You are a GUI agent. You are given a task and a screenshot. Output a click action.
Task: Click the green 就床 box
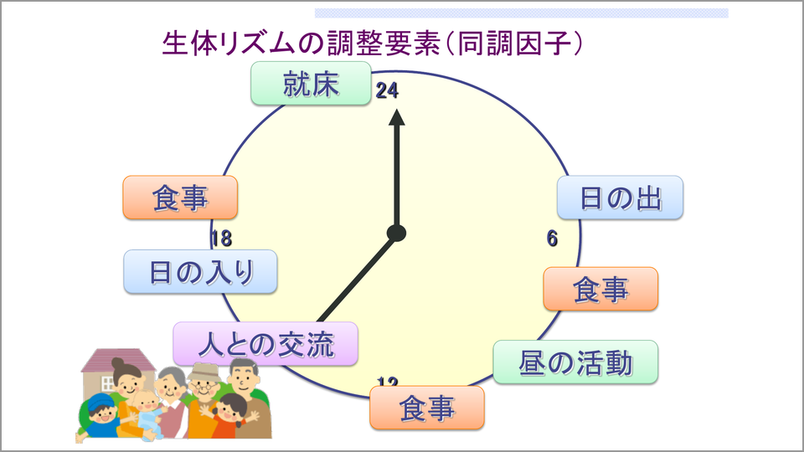311,84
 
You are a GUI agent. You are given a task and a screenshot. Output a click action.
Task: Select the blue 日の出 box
621,198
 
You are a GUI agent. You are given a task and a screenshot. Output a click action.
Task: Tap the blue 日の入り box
200,272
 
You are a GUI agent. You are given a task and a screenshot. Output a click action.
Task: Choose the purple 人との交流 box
265,344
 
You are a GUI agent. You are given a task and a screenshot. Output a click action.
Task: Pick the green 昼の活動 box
575,362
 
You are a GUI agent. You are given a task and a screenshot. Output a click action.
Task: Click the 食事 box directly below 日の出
600,290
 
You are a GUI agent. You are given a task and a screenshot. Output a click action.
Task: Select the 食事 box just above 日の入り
180,198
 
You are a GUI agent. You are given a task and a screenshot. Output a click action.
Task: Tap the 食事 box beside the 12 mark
427,408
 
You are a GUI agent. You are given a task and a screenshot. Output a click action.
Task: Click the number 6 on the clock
552,239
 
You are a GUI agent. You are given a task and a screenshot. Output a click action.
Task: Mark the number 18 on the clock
221,239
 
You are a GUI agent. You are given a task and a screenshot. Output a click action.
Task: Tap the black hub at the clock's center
397,233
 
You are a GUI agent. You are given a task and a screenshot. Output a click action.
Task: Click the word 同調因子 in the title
510,44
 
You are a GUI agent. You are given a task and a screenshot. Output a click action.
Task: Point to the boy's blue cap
102,401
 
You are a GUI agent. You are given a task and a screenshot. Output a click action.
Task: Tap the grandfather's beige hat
204,369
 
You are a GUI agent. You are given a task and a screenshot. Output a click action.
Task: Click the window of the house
108,383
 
